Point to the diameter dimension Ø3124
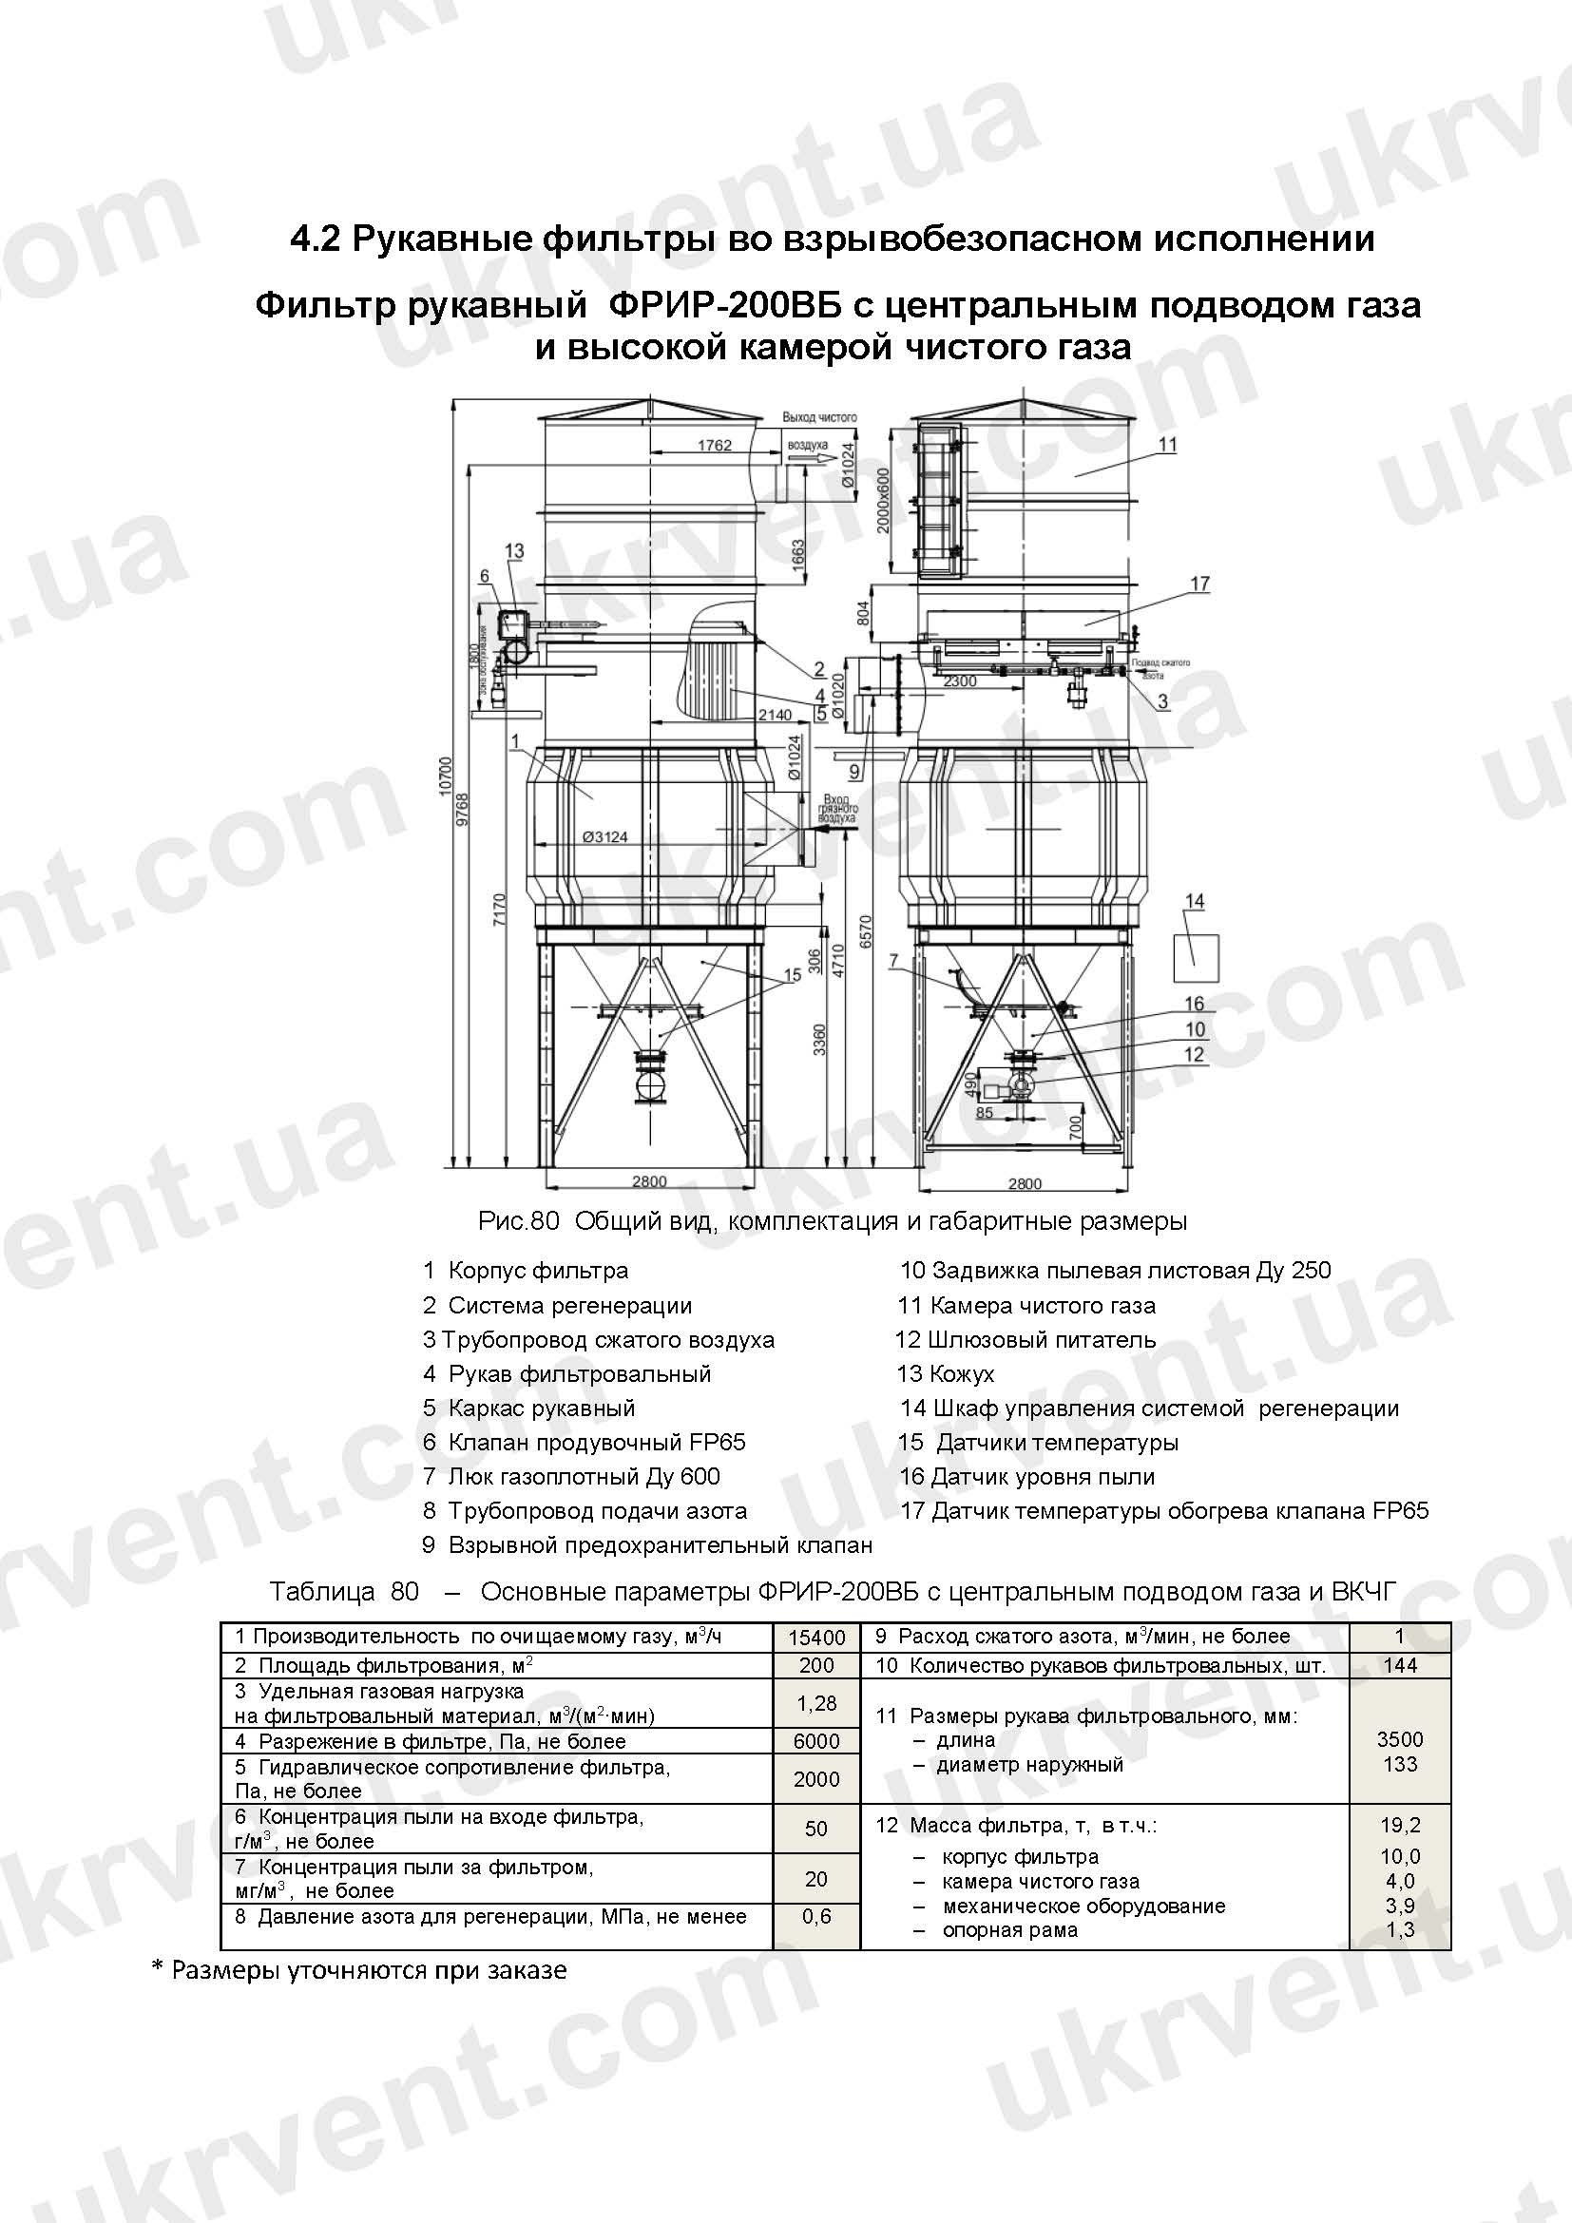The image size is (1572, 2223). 605,836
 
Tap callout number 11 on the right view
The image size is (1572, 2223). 1167,445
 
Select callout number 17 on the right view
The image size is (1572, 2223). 1199,584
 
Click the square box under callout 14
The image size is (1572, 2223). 1195,958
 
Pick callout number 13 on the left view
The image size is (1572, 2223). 514,551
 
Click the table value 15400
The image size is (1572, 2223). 816,1638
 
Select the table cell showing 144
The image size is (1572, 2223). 1400,1665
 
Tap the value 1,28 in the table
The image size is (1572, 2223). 816,1703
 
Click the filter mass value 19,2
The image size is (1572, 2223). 1400,1825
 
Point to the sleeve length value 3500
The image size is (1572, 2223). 1400,1739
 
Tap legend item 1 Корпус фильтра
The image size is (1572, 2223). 526,1272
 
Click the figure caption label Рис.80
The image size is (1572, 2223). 519,1222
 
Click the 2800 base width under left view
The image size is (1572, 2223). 648,1181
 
